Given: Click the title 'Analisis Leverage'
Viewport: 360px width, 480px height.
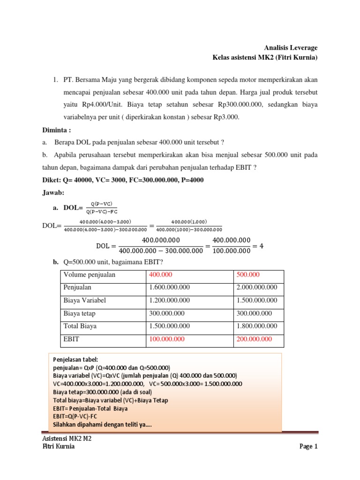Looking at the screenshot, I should tap(291, 48).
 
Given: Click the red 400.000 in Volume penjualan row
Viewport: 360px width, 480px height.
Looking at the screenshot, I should tap(160, 275).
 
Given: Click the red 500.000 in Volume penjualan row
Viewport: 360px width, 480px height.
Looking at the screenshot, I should tap(248, 275).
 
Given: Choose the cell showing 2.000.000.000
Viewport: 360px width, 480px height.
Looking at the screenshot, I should tap(257, 287).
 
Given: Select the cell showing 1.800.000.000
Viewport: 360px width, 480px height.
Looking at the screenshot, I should tap(257, 326).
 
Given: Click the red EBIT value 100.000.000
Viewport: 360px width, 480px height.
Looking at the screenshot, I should tap(167, 339).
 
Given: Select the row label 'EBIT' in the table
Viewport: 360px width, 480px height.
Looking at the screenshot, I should tap(72, 339).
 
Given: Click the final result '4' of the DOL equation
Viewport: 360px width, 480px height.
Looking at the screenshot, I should tap(262, 246).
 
